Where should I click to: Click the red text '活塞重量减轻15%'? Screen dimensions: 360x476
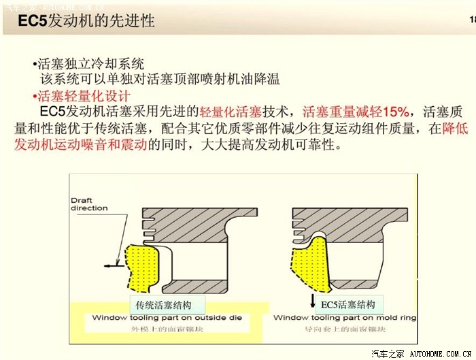[x=356, y=112]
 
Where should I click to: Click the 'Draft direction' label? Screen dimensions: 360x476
[x=90, y=204]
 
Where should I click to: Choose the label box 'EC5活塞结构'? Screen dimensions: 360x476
[x=347, y=304]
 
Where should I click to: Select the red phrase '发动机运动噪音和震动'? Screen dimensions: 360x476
[x=80, y=144]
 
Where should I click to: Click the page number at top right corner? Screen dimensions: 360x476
[x=471, y=20]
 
